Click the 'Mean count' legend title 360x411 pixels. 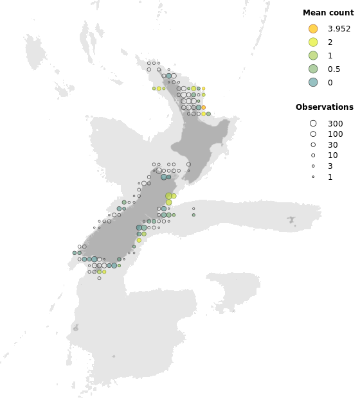click(x=328, y=12)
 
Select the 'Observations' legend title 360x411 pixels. click(x=324, y=107)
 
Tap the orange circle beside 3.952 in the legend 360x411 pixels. click(x=313, y=28)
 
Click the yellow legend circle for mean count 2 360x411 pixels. click(x=313, y=42)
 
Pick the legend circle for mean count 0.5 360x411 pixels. click(x=313, y=69)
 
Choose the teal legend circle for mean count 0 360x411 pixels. click(x=313, y=82)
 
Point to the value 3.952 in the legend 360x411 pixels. click(x=339, y=28)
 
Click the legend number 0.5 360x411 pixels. click(x=334, y=69)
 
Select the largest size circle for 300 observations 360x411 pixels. click(x=313, y=123)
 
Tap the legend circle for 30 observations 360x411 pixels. click(x=313, y=144)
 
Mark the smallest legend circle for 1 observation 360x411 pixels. click(x=313, y=177)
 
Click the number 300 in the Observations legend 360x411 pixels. click(x=335, y=123)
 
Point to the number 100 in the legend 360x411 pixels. click(x=335, y=134)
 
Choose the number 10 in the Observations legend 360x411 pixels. click(x=332, y=155)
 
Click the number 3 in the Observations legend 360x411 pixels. click(x=330, y=166)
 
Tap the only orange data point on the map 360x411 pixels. click(x=203, y=107)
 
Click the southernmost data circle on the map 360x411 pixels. click(x=99, y=278)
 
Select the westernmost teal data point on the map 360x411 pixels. click(x=75, y=253)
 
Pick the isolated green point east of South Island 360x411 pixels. click(x=194, y=215)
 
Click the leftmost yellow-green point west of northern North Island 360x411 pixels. click(x=154, y=89)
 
